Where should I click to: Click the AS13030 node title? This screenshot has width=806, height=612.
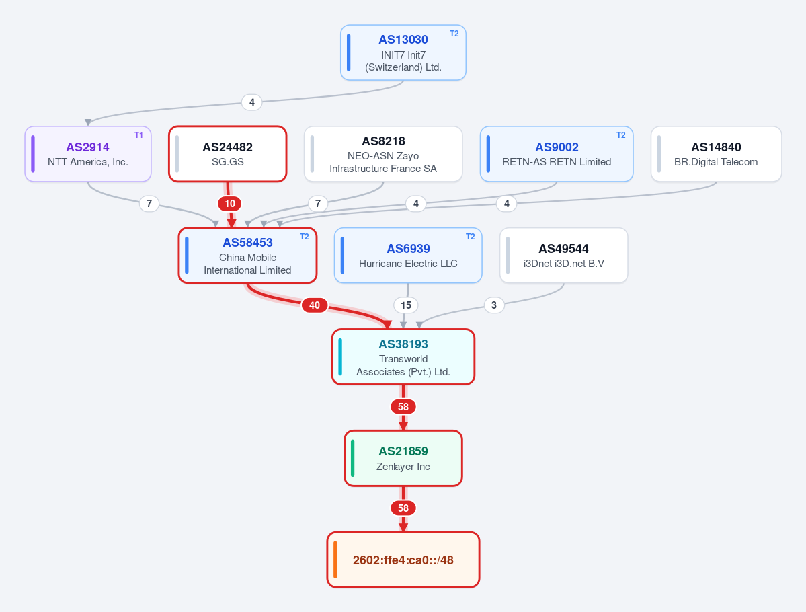click(403, 40)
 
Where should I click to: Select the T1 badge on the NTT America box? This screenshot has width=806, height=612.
click(138, 135)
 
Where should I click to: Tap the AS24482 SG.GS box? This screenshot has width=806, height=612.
click(228, 154)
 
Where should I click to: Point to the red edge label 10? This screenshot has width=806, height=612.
click(230, 204)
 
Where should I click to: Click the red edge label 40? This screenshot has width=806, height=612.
click(314, 305)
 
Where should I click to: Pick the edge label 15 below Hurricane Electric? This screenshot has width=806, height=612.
click(406, 305)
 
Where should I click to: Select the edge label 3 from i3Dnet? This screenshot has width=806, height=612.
click(494, 305)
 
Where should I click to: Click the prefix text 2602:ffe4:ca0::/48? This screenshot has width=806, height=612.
click(403, 560)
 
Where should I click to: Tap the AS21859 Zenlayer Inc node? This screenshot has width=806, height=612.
click(403, 458)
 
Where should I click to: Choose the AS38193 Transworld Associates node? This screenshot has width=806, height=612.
click(403, 357)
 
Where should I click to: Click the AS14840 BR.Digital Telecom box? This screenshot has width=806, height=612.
click(716, 154)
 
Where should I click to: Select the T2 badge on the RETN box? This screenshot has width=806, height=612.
click(621, 135)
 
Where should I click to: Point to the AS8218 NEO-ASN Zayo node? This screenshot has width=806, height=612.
click(383, 154)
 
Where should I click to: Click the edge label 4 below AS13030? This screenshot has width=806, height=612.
click(252, 102)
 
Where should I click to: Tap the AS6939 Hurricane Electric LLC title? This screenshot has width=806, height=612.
click(408, 249)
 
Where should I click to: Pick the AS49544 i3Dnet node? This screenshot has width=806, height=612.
click(564, 256)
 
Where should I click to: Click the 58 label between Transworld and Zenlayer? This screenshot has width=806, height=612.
click(403, 407)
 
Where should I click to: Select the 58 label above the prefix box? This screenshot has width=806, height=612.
click(403, 508)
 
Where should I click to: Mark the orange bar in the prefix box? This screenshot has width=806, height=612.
click(335, 560)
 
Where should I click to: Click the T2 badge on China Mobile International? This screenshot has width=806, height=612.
click(305, 237)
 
